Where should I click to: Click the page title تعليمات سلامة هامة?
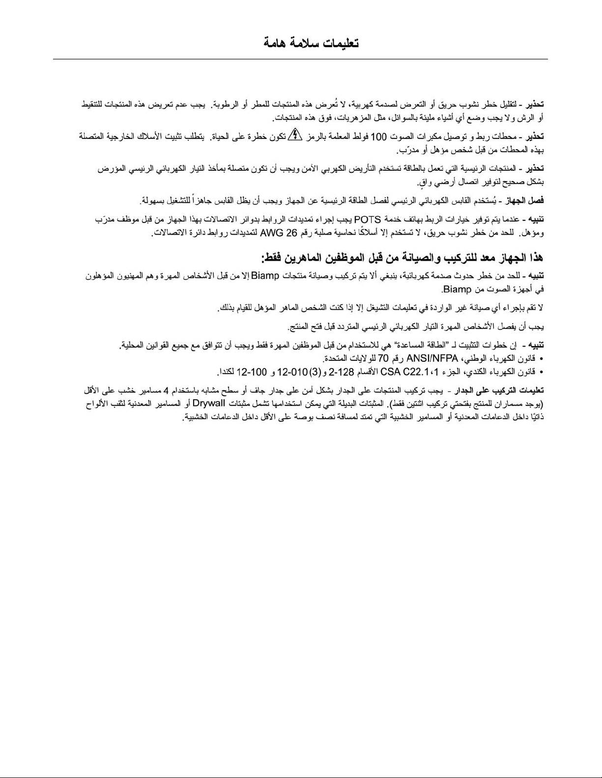(x=311, y=43)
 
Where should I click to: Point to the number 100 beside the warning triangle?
(x=378, y=136)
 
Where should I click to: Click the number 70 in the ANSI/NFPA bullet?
(x=383, y=358)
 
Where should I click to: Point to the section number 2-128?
(x=342, y=372)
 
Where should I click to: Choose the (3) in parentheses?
(x=315, y=372)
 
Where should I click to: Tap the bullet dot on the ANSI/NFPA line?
(x=541, y=358)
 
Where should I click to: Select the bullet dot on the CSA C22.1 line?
(x=541, y=372)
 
